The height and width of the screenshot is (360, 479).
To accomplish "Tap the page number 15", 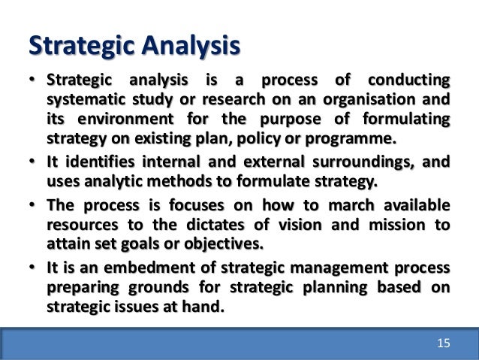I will pos(443,343).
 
